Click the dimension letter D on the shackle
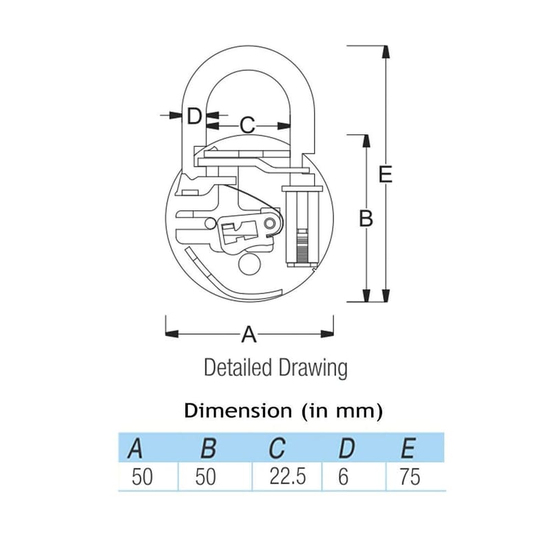point(194,116)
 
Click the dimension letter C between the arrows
point(247,125)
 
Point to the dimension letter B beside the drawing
point(366,218)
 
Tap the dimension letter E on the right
point(385,174)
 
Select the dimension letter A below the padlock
point(249,334)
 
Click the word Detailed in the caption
point(238,368)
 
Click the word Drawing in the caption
point(313,369)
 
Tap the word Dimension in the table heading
point(238,410)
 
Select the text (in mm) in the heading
point(342,410)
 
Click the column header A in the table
point(135,448)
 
